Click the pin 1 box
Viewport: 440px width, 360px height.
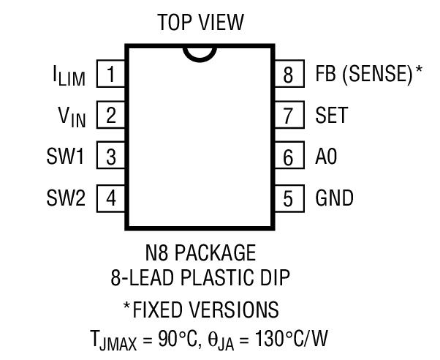(110, 74)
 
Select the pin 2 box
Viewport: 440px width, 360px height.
(110, 115)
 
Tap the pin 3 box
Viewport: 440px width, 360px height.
(110, 157)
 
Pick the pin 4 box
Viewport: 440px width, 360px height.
(110, 198)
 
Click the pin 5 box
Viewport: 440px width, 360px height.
(288, 198)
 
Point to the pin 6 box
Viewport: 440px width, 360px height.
(288, 157)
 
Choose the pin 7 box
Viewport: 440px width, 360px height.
(288, 115)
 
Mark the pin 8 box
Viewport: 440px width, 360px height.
(288, 74)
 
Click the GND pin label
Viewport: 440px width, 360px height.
(334, 198)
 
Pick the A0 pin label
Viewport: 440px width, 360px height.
(326, 157)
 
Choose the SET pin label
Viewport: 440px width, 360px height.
(331, 115)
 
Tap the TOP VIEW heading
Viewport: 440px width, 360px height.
(200, 24)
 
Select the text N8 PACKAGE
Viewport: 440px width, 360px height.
(200, 254)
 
